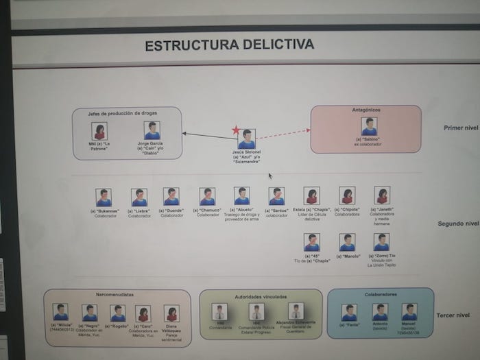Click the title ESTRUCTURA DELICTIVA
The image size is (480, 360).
(x=230, y=46)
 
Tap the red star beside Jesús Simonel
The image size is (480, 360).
(x=236, y=130)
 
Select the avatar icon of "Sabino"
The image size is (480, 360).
(x=369, y=127)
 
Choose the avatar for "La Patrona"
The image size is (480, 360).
(x=99, y=131)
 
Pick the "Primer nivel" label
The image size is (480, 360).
(x=460, y=128)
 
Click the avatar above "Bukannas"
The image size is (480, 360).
(x=104, y=197)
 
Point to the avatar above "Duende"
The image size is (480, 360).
(x=171, y=197)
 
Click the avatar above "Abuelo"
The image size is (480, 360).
(x=242, y=196)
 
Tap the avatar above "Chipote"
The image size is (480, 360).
(x=347, y=196)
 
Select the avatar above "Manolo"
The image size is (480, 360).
(x=347, y=242)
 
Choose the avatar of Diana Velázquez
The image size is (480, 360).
(x=171, y=313)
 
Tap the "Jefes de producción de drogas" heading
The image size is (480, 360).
(x=126, y=112)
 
